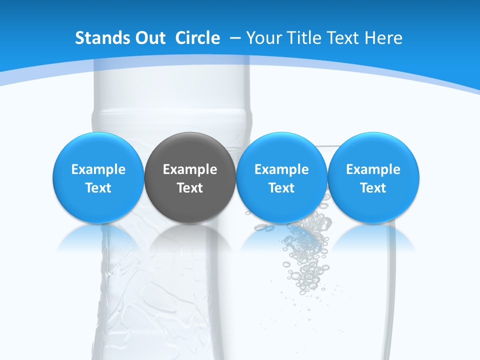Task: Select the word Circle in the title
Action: (x=197, y=38)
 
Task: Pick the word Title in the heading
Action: (x=305, y=38)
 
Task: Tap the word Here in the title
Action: (x=384, y=38)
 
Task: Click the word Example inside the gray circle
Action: (x=189, y=169)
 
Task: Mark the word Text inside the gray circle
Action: (x=189, y=188)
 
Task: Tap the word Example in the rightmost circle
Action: (x=373, y=169)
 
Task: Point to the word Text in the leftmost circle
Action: (x=98, y=188)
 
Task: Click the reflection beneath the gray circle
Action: (x=189, y=237)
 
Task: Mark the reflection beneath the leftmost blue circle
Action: (x=98, y=237)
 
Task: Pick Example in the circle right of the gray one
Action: (x=281, y=169)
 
